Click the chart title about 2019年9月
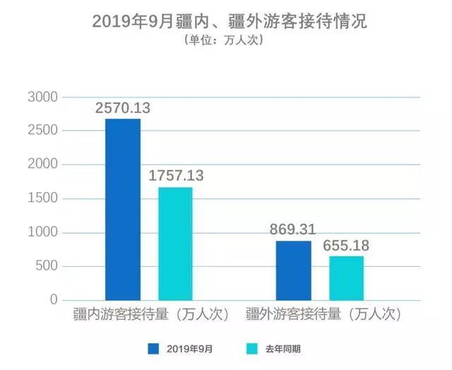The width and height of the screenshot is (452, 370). click(x=230, y=20)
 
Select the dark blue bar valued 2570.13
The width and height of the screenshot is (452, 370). click(x=123, y=210)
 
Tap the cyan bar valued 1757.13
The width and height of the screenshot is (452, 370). click(x=175, y=244)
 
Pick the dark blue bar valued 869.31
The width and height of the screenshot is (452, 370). click(x=293, y=270)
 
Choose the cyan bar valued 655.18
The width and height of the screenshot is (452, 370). click(x=346, y=278)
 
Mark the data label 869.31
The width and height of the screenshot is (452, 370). click(x=292, y=230)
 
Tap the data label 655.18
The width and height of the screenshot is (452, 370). click(x=346, y=245)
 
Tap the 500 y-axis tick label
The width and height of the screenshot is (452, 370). click(x=46, y=267)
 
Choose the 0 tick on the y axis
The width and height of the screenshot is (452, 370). click(x=53, y=300)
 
